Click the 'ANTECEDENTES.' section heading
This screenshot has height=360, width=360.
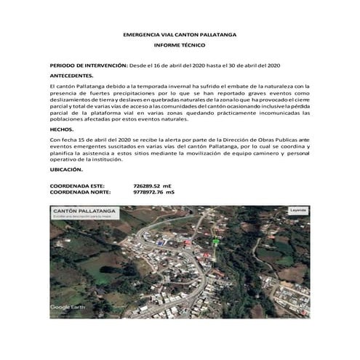click(x=71, y=76)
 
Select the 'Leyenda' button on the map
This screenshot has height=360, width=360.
click(x=298, y=210)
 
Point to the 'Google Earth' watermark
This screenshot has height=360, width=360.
click(x=68, y=307)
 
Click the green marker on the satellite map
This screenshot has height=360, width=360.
click(x=215, y=241)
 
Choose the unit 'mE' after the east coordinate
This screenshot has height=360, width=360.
click(x=168, y=186)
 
